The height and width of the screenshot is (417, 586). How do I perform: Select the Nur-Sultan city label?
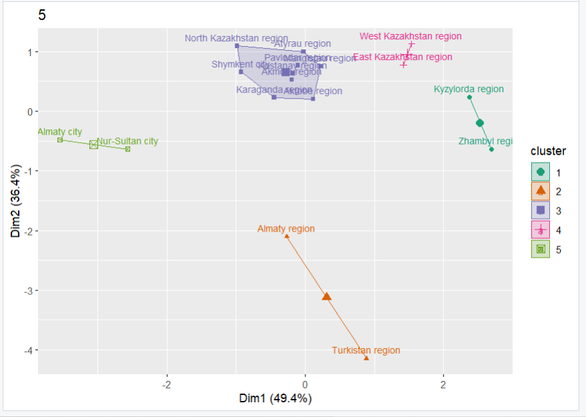127,141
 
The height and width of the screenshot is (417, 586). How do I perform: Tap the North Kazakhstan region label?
236,39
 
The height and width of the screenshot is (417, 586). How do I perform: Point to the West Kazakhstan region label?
410,37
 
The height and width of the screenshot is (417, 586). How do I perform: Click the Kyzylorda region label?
469,89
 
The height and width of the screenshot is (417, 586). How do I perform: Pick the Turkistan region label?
366,350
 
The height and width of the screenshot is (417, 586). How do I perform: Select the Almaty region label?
286,229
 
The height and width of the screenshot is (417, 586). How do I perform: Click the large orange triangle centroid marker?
327,296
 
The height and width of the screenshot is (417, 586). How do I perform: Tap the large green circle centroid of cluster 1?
479,123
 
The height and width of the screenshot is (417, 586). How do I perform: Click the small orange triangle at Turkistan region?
367,358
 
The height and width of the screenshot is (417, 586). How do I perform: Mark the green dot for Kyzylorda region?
469,97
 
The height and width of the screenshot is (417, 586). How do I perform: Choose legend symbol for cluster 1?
540,172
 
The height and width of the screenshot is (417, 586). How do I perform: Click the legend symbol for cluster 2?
540,191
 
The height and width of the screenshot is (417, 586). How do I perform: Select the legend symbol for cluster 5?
540,249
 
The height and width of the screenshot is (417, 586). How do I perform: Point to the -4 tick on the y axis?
25,350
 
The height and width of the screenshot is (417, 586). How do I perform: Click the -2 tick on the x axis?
167,385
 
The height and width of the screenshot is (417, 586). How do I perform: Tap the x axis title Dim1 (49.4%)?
275,399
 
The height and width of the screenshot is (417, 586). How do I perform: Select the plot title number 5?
43,15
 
